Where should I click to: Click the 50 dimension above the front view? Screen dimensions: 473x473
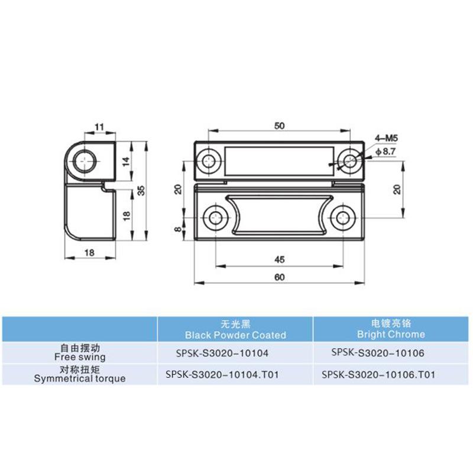tap(280, 125)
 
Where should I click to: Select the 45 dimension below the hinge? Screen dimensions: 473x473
tap(280, 258)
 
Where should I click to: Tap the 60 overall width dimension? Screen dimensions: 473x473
tap(280, 277)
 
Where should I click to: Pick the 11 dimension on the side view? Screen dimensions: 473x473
tap(99, 125)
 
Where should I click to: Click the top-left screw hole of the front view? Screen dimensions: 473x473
tap(209, 160)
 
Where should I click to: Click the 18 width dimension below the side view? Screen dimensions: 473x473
tap(90, 252)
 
